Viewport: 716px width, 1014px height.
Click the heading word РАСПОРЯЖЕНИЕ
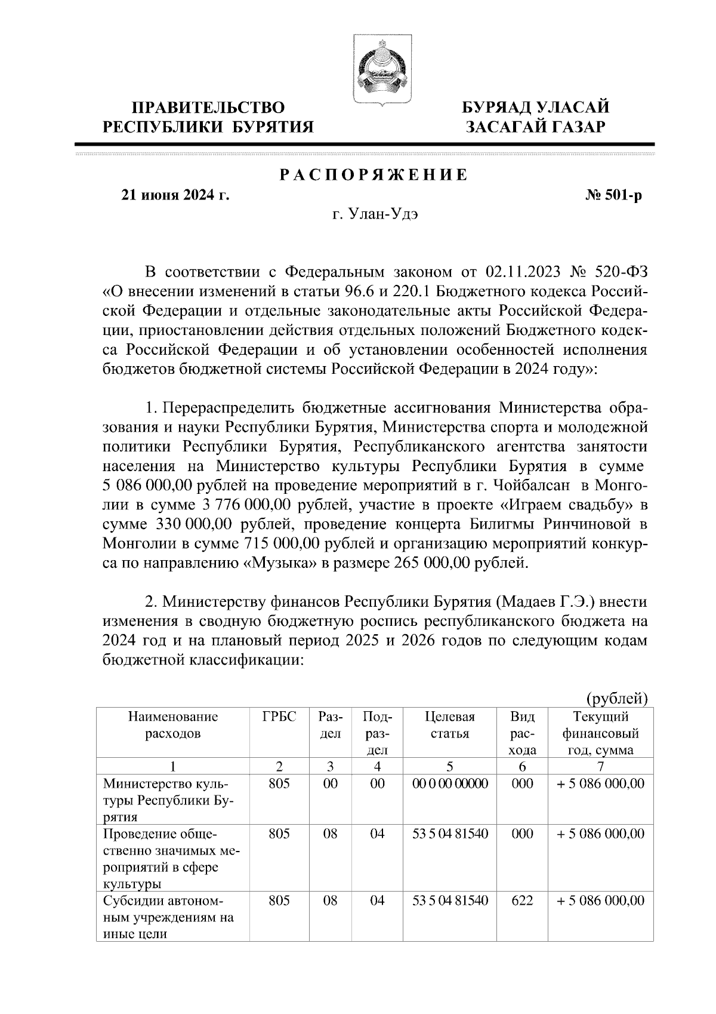tap(374, 176)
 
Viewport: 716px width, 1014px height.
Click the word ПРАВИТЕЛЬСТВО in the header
tap(208, 107)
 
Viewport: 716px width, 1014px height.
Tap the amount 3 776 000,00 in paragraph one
tap(246, 505)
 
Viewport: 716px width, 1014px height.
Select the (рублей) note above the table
tap(617, 698)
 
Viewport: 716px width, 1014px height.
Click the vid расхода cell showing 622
tap(522, 901)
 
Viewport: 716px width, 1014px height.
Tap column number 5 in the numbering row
tap(450, 767)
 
